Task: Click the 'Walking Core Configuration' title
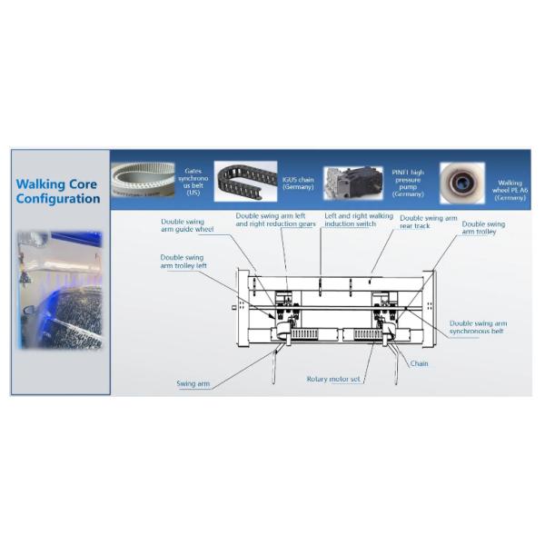(x=58, y=192)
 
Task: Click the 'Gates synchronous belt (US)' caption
(x=193, y=182)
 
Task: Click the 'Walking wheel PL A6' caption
(x=510, y=188)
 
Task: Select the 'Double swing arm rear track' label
(x=428, y=223)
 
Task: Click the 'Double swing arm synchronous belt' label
(x=478, y=327)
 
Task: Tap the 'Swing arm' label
(x=193, y=383)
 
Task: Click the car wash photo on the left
(x=60, y=290)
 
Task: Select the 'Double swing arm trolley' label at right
(x=483, y=227)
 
